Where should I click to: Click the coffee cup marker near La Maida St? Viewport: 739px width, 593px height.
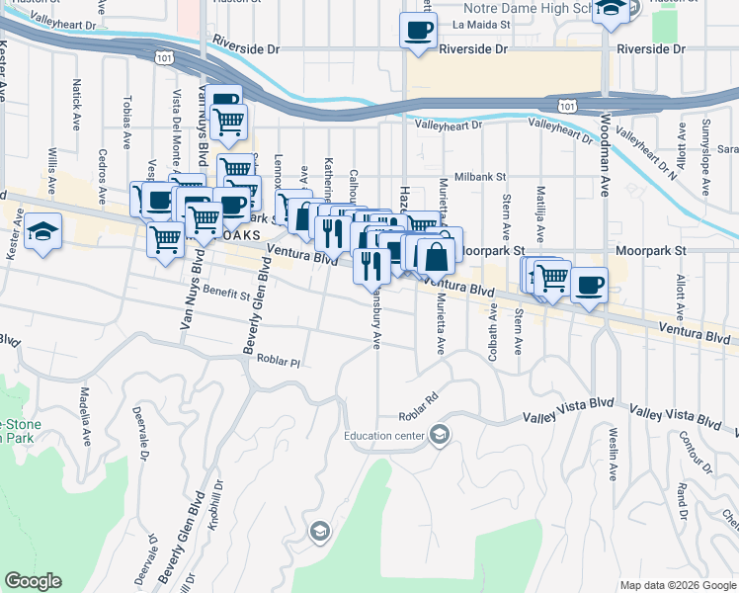pyautogui.click(x=417, y=29)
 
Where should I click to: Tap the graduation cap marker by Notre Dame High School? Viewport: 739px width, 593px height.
pyautogui.click(x=613, y=7)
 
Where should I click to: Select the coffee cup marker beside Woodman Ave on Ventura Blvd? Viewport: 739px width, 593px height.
pyautogui.click(x=589, y=286)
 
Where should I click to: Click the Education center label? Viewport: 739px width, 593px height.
pyautogui.click(x=385, y=436)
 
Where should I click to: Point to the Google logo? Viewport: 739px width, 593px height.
pyautogui.click(x=33, y=581)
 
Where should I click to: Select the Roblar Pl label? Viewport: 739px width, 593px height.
pyautogui.click(x=278, y=362)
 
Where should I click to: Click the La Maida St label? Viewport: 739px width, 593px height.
pyautogui.click(x=480, y=24)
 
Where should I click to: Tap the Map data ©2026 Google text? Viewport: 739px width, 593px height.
pyautogui.click(x=678, y=585)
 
